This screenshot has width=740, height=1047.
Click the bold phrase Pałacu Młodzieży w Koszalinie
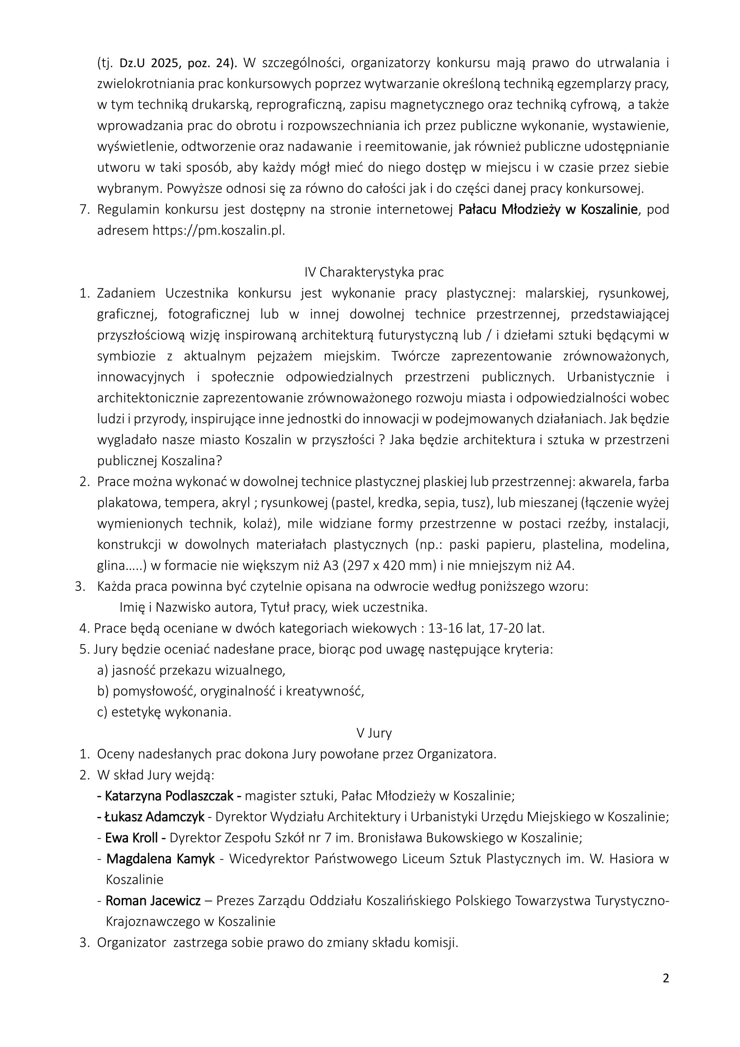[x=548, y=209]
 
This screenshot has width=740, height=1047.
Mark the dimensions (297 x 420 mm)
[x=397, y=566]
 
